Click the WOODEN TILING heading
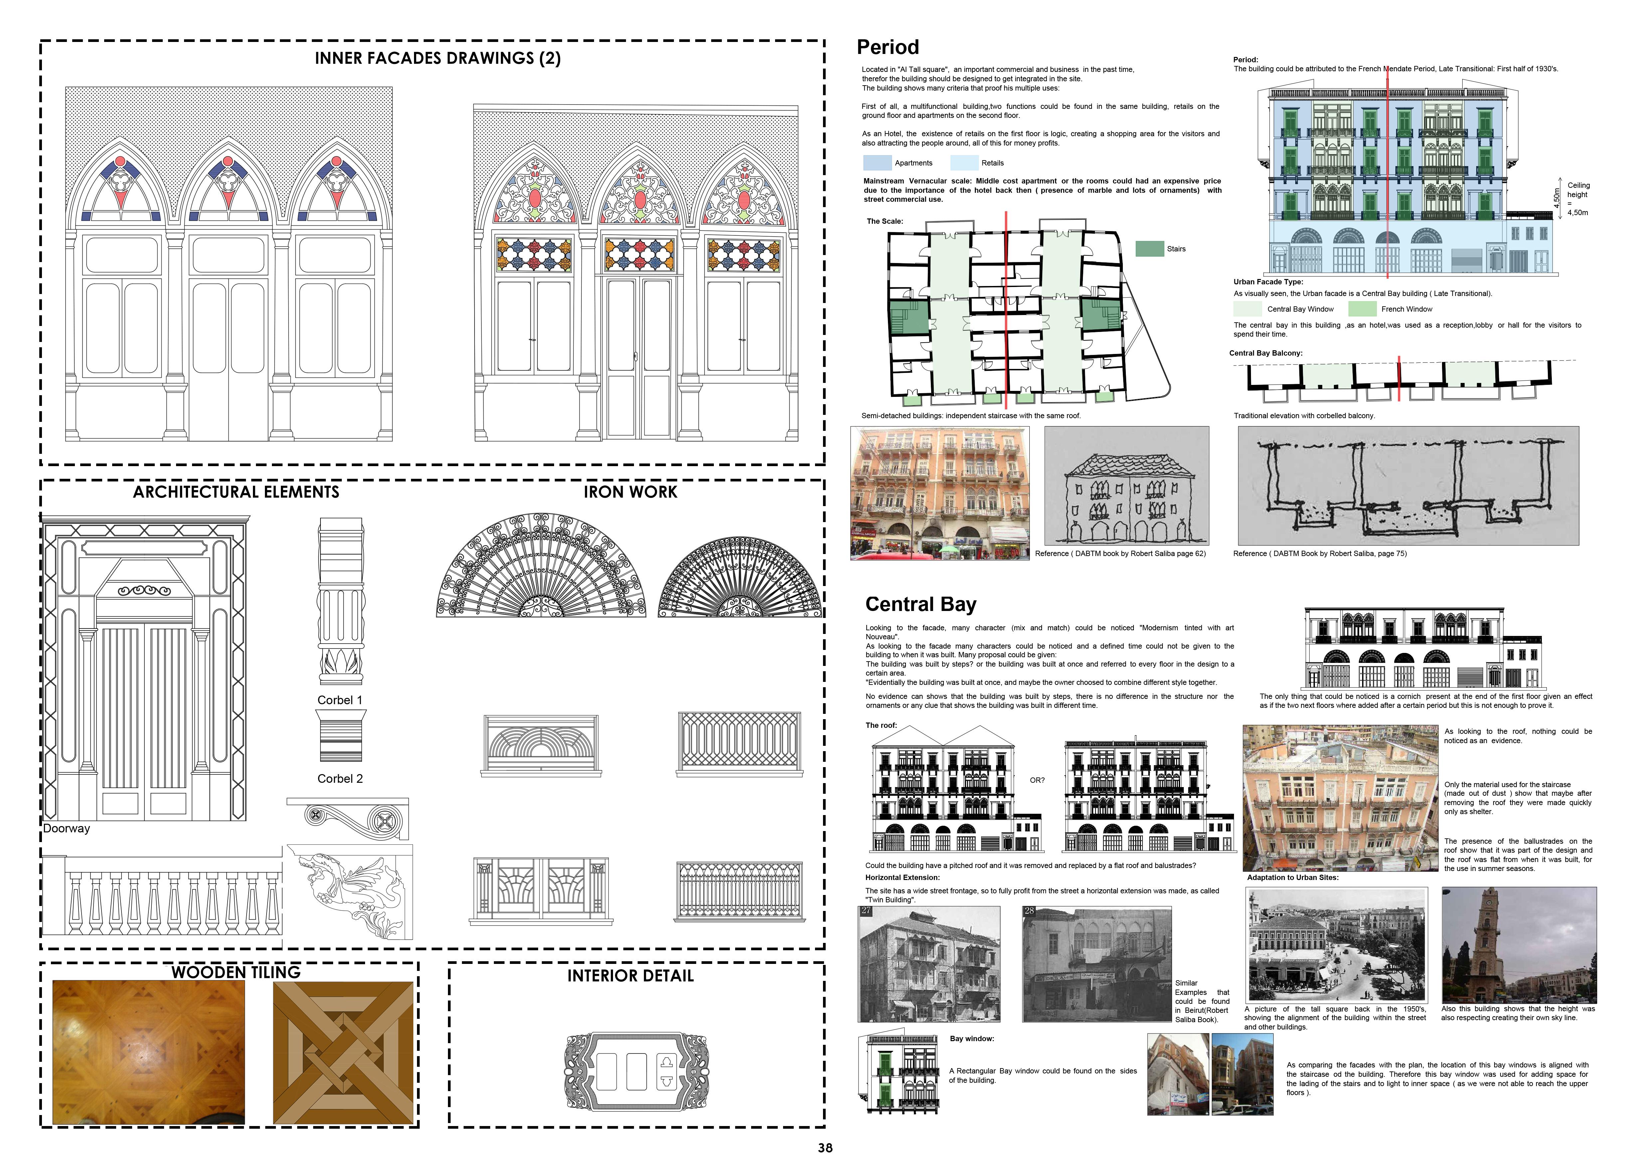(x=236, y=972)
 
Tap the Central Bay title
(x=921, y=604)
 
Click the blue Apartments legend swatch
(x=877, y=162)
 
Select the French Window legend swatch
(x=1362, y=309)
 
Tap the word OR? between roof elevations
(x=1037, y=780)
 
